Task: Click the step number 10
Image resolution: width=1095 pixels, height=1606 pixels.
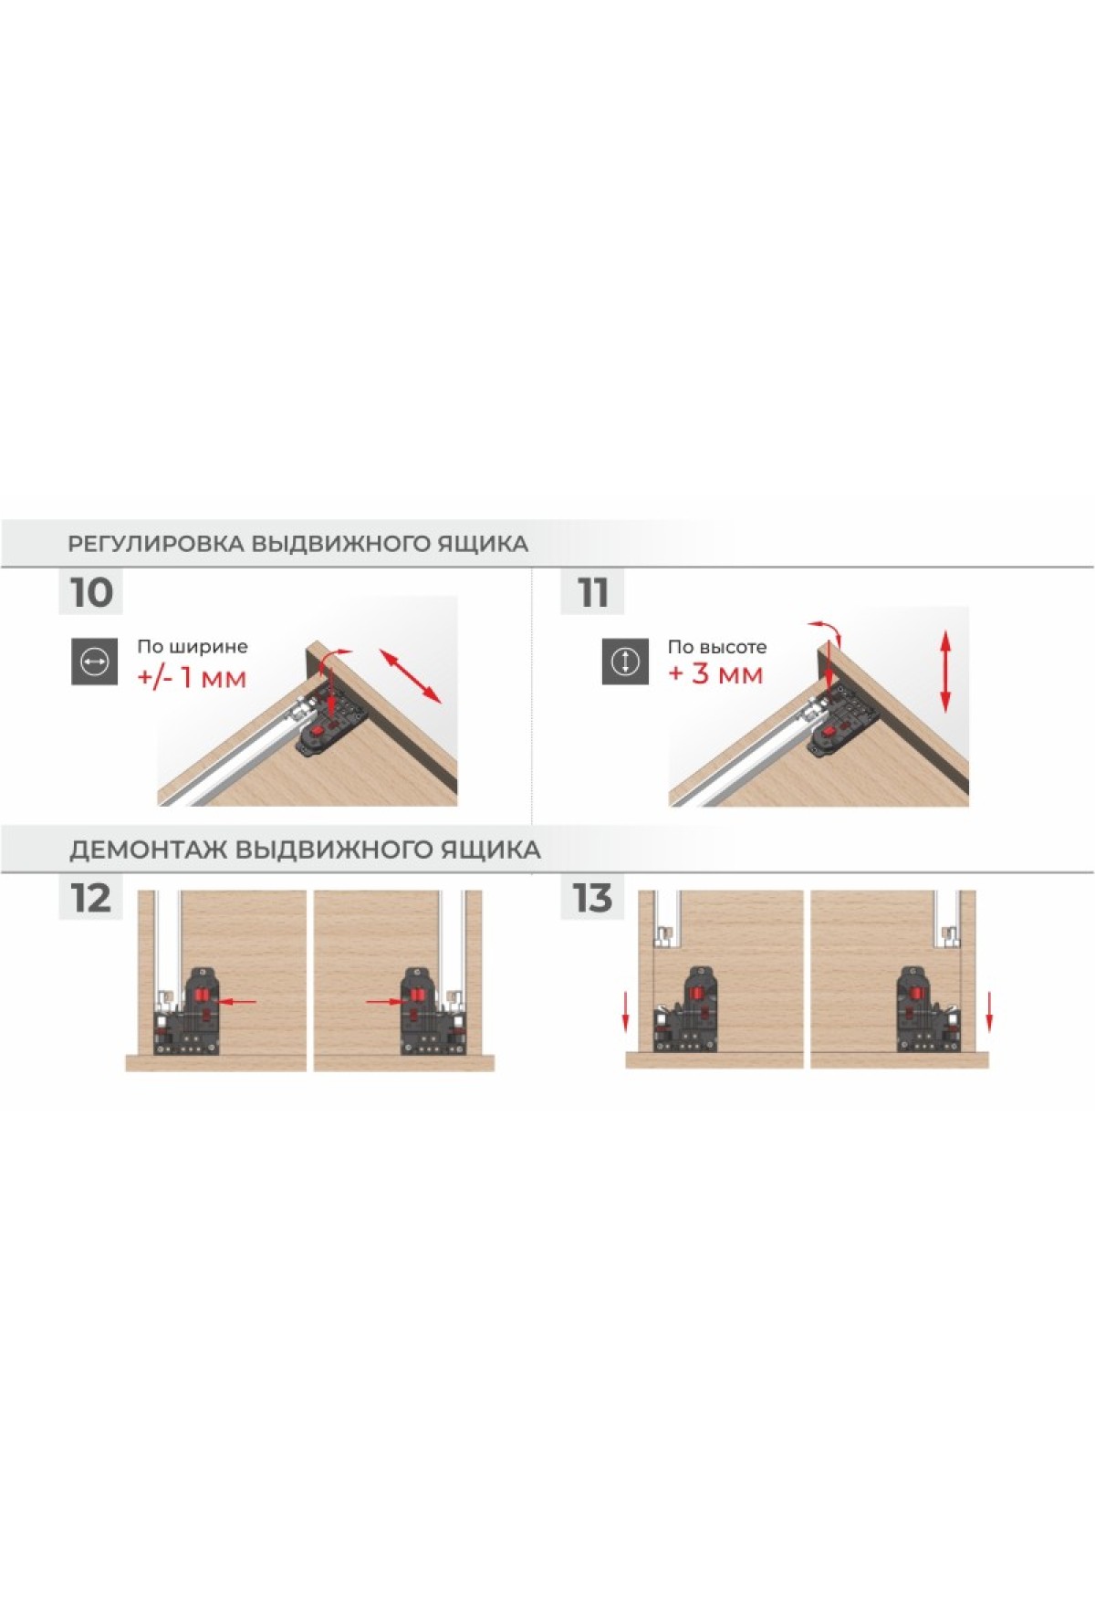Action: pos(91,592)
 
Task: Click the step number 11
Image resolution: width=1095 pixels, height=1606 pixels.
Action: pos(593,593)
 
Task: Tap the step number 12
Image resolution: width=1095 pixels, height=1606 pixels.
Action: pos(90,898)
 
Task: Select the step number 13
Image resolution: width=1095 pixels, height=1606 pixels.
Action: pos(592,898)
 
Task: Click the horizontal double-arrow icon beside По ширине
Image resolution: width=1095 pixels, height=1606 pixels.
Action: pos(96,662)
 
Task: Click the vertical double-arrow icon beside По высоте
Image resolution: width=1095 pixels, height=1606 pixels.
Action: pos(625,662)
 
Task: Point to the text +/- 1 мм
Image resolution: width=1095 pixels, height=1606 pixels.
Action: pos(192,678)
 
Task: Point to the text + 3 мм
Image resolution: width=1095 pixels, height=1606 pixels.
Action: pos(715,674)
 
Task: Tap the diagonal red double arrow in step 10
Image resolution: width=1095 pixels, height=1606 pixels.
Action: pos(411,675)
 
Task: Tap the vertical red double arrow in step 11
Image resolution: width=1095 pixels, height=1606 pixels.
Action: pos(945,671)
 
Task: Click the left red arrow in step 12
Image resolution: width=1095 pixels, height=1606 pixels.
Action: pos(239,1002)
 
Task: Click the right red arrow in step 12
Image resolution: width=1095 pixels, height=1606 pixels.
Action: pos(383,1002)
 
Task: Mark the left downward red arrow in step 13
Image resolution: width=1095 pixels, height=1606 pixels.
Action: pos(626,1014)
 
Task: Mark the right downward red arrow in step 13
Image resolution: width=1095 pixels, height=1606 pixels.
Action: pos(988,1014)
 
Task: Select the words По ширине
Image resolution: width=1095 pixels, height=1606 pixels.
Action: pos(193,647)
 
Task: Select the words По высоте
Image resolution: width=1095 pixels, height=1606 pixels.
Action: pos(717,647)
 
